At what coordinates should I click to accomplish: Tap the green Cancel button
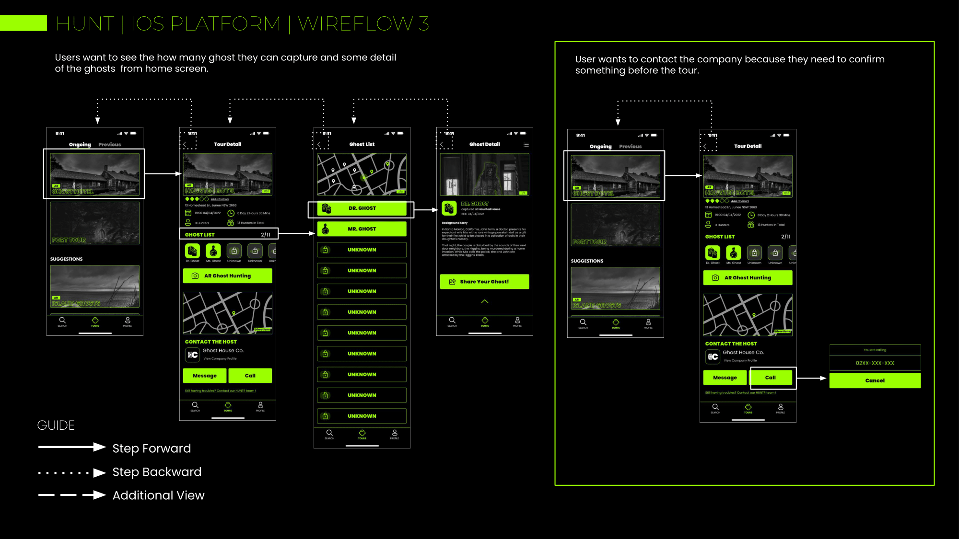(875, 380)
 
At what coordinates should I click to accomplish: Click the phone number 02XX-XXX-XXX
(875, 363)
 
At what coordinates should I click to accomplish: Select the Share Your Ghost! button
(484, 282)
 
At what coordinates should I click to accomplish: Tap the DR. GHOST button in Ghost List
(362, 208)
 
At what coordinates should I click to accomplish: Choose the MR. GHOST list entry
(362, 229)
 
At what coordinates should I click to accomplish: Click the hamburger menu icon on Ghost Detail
(526, 144)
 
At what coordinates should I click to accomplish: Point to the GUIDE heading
(56, 425)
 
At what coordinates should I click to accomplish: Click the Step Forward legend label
(152, 448)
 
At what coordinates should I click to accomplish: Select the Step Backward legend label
(157, 472)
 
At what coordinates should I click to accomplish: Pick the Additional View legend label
(158, 495)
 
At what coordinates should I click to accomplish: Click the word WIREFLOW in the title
(355, 23)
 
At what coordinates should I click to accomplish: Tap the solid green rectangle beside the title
(23, 23)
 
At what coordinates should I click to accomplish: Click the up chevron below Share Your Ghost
(485, 301)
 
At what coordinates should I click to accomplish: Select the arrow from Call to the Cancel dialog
(812, 378)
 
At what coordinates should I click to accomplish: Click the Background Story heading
(455, 223)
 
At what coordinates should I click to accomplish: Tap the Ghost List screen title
(362, 144)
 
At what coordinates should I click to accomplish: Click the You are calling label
(875, 350)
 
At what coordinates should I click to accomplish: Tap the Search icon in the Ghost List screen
(329, 434)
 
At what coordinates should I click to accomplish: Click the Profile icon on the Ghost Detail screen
(517, 321)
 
